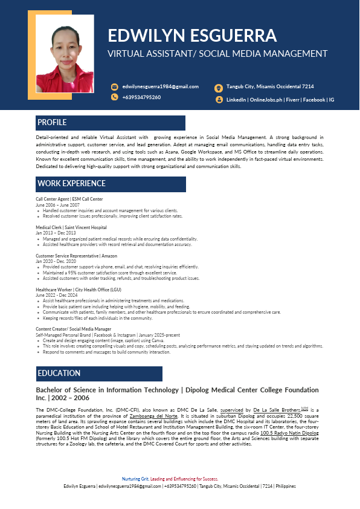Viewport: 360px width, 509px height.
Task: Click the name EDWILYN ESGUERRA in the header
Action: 192,34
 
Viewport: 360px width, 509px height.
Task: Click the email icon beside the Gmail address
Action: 114,86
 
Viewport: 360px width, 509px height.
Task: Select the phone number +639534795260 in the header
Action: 141,97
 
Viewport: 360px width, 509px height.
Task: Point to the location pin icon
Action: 219,87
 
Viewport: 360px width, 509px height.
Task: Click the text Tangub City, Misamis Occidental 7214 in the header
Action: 270,86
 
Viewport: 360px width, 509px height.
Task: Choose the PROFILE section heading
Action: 52,123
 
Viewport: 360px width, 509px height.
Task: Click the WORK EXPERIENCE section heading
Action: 71,184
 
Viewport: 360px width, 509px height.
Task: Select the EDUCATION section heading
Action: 59,373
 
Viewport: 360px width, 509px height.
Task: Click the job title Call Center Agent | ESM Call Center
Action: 69,199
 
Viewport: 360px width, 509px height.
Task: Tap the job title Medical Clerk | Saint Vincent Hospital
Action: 71,227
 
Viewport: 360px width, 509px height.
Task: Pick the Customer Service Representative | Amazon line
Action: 76,256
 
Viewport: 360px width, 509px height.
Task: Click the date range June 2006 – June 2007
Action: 57,205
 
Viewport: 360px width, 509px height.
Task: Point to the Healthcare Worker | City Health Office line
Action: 78,290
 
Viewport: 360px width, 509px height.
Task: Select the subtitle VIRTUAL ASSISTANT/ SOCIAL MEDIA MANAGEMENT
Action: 217,54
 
